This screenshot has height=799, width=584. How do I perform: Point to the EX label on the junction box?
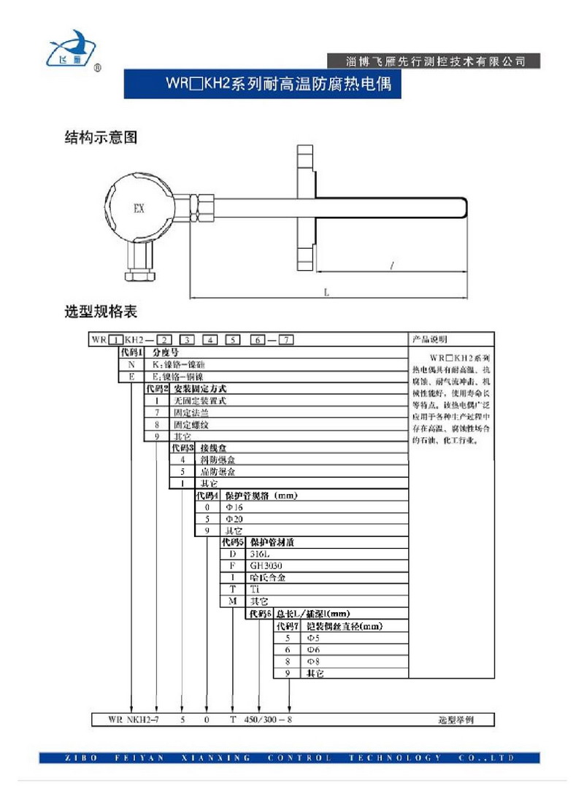click(138, 209)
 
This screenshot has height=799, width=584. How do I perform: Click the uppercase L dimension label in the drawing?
click(326, 291)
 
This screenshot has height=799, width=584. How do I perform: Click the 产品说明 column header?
click(432, 340)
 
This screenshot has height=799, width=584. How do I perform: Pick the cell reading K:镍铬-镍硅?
click(179, 363)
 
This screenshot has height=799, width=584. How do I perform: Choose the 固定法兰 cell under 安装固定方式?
click(189, 412)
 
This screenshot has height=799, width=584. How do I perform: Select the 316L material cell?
click(260, 555)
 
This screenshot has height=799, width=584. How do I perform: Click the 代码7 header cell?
click(286, 626)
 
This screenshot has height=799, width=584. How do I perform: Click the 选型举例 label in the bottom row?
click(456, 720)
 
